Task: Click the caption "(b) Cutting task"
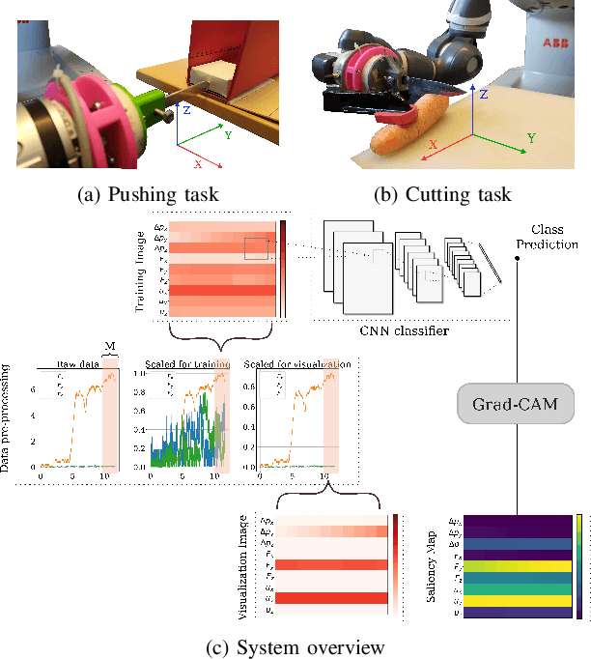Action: pyautogui.click(x=440, y=194)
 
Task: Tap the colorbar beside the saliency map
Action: pyautogui.click(x=578, y=566)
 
